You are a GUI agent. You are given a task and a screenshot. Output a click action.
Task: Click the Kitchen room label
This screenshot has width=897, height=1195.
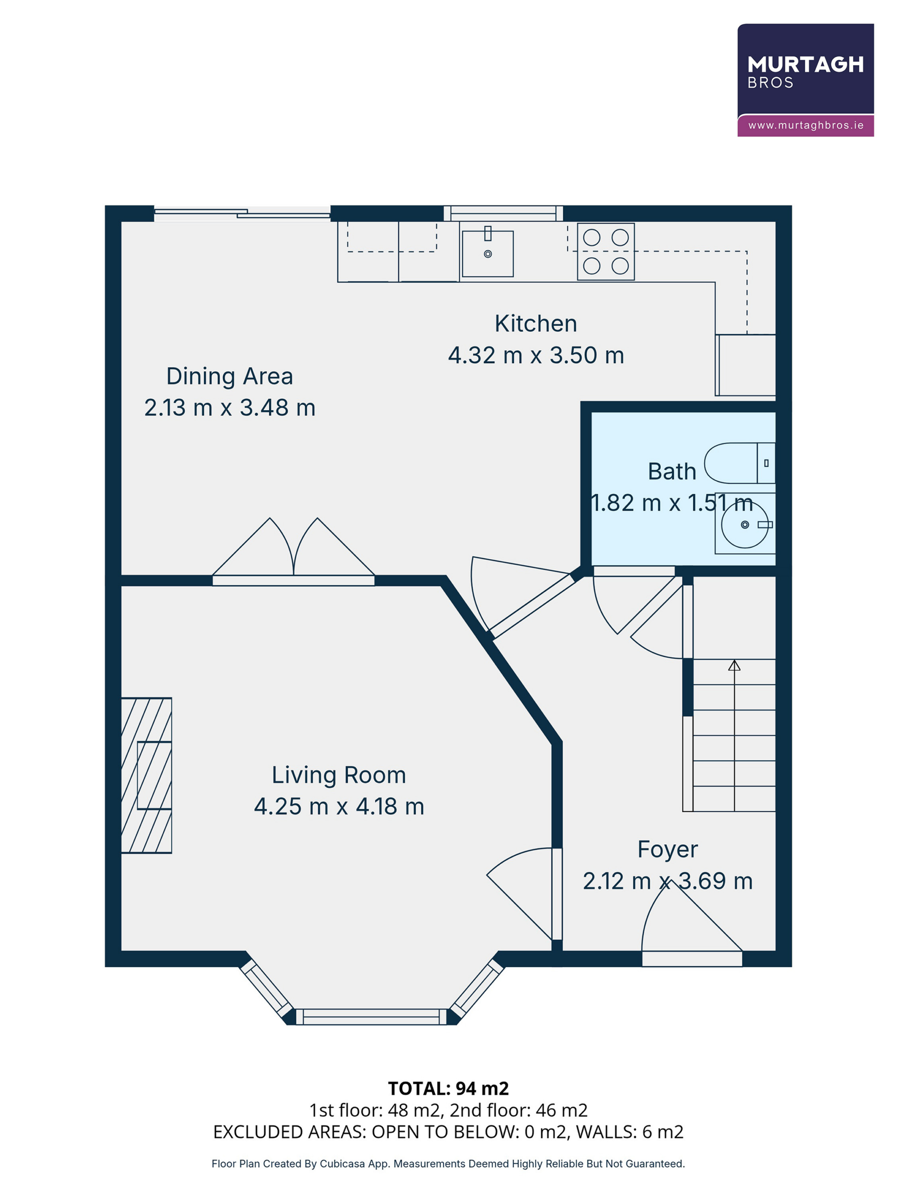[x=536, y=323]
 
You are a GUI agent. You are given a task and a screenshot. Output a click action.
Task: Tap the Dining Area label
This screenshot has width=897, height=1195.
[x=230, y=376]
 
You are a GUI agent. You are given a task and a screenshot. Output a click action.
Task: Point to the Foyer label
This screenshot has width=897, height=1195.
[x=667, y=850]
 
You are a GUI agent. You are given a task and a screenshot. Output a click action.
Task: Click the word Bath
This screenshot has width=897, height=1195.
[x=671, y=471]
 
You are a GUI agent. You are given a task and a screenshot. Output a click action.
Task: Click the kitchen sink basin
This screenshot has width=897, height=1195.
[x=487, y=254]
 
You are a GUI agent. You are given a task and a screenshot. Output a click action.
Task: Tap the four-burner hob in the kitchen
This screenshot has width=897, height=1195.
[x=606, y=252]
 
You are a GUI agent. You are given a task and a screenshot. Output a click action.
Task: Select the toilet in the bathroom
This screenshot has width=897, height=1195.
[x=740, y=463]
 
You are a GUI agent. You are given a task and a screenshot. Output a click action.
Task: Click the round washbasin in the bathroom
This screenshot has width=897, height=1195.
[x=745, y=525]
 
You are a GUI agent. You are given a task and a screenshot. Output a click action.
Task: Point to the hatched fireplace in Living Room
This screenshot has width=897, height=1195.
[x=147, y=776]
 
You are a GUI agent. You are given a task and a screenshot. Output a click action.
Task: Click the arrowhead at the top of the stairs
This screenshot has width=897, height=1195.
[x=734, y=665]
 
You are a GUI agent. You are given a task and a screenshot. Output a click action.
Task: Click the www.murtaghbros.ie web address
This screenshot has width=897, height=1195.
[x=805, y=125]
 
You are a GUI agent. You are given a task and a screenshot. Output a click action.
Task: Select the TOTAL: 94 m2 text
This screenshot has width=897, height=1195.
[x=448, y=1089]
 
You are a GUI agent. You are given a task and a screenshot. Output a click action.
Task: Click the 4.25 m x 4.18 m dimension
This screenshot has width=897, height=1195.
[x=339, y=807]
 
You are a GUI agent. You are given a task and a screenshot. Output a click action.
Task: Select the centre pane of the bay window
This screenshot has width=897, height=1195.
[x=371, y=1017]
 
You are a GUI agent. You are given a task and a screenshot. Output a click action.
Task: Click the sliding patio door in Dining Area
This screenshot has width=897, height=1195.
[x=242, y=214]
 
